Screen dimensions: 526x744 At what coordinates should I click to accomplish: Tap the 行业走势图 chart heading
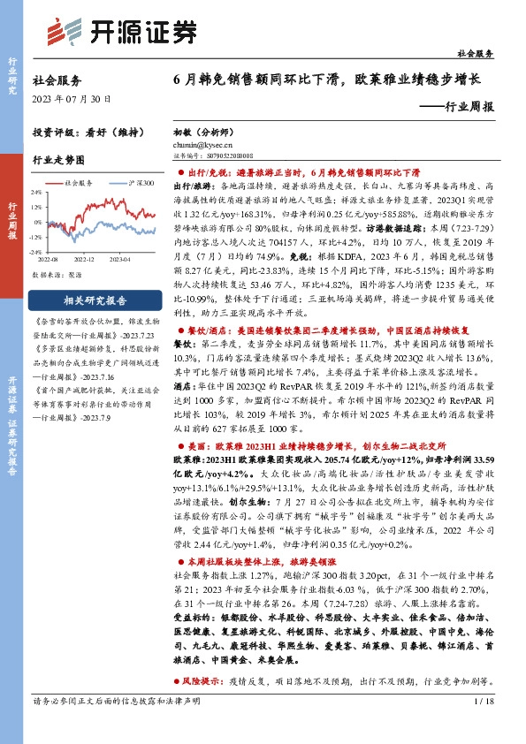point(58,161)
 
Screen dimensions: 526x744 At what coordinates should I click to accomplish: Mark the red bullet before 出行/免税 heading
point(179,175)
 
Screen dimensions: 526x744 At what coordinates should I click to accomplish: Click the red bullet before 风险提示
point(179,681)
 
